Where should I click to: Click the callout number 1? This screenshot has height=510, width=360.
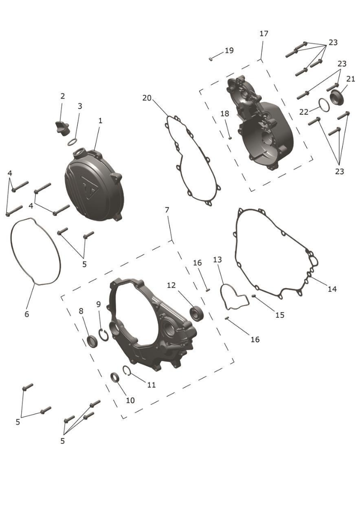pyautogui.click(x=100, y=121)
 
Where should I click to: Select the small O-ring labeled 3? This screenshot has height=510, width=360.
pyautogui.click(x=73, y=142)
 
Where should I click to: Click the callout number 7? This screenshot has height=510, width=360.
pyautogui.click(x=167, y=210)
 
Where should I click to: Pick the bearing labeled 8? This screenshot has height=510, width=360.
pyautogui.click(x=92, y=341)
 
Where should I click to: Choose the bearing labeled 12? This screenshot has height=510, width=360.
pyautogui.click(x=197, y=313)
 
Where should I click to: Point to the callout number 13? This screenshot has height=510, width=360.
pyautogui.click(x=218, y=260)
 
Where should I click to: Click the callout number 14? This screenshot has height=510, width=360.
pyautogui.click(x=332, y=289)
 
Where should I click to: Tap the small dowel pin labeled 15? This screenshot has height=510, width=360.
pyautogui.click(x=254, y=296)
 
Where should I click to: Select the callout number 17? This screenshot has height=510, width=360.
pyautogui.click(x=264, y=33)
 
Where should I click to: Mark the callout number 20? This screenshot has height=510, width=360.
pyautogui.click(x=147, y=98)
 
